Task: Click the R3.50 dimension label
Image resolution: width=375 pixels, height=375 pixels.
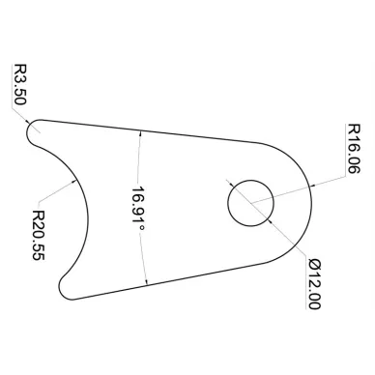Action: (19, 84)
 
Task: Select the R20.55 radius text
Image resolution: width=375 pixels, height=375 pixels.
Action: (39, 235)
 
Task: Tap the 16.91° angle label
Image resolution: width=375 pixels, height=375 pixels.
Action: (138, 209)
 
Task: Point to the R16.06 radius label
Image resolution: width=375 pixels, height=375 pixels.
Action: (353, 149)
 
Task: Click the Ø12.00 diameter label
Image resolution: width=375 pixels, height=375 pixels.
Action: (314, 284)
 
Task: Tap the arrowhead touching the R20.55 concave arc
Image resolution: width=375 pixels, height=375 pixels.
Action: (73, 183)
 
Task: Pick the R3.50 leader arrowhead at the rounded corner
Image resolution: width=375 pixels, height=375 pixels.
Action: (27, 122)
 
